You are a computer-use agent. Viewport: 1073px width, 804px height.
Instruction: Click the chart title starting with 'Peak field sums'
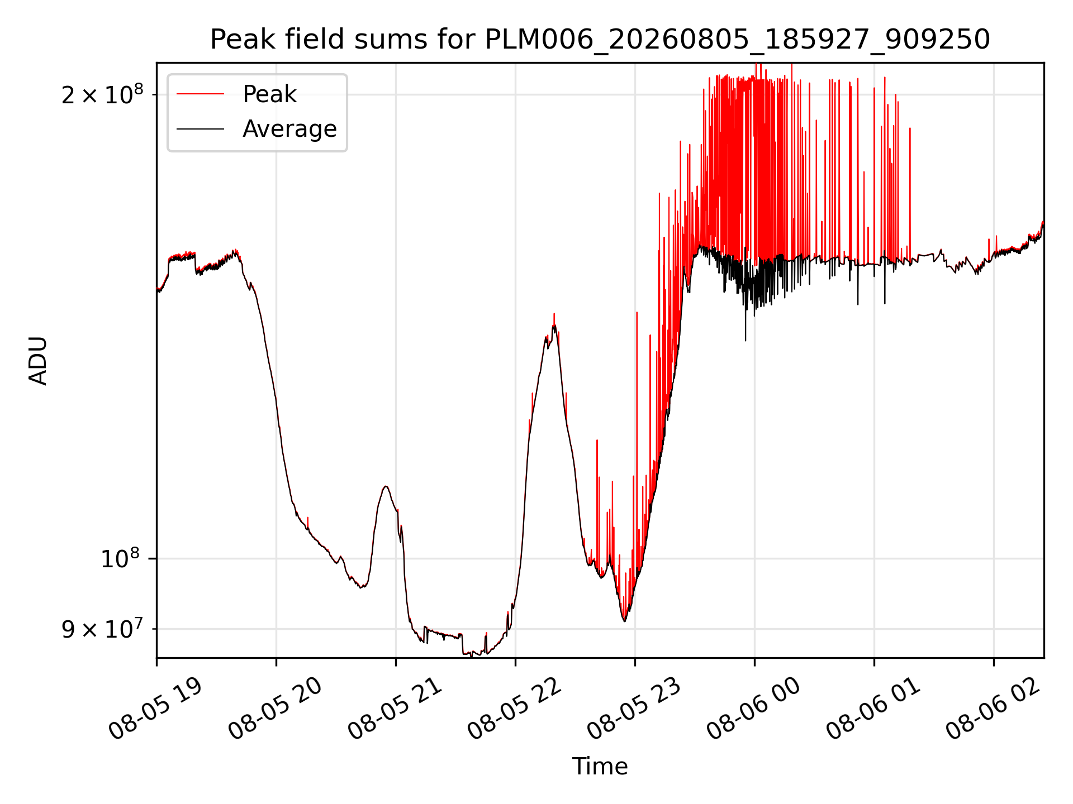click(600, 40)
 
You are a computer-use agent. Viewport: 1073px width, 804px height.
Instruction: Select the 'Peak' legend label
click(269, 94)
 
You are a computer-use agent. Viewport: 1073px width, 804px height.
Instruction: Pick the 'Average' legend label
click(289, 129)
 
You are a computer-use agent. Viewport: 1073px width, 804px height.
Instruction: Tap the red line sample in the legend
click(200, 94)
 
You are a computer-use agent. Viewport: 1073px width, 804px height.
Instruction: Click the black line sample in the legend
click(200, 129)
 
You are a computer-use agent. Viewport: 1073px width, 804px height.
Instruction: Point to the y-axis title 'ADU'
click(39, 361)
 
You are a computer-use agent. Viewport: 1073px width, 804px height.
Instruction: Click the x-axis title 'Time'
click(600, 767)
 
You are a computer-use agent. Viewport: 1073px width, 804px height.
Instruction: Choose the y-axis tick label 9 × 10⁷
click(102, 628)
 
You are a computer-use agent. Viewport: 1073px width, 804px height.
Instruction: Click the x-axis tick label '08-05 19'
click(155, 709)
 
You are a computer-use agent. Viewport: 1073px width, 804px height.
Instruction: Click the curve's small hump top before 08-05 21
click(386, 486)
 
